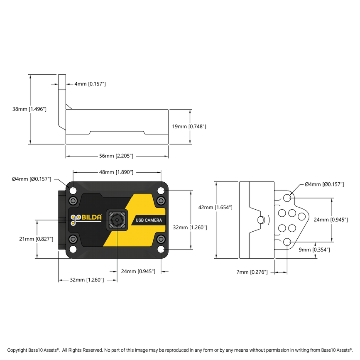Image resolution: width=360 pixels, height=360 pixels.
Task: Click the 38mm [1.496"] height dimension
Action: coord(29,109)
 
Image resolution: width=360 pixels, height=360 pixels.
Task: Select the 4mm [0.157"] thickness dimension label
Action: coord(90,84)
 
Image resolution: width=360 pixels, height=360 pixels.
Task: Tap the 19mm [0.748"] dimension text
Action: coord(189,126)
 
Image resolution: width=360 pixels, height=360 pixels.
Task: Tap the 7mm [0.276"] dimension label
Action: coord(252,272)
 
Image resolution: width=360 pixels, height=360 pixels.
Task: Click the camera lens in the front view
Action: coord(117,219)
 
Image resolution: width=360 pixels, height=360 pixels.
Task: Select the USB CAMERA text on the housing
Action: coord(148,220)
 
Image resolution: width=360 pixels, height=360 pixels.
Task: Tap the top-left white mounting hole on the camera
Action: coord(73,191)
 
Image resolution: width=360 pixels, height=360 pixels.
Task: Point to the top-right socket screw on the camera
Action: coord(161,201)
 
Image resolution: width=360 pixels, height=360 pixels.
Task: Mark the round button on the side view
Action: coord(261,220)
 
